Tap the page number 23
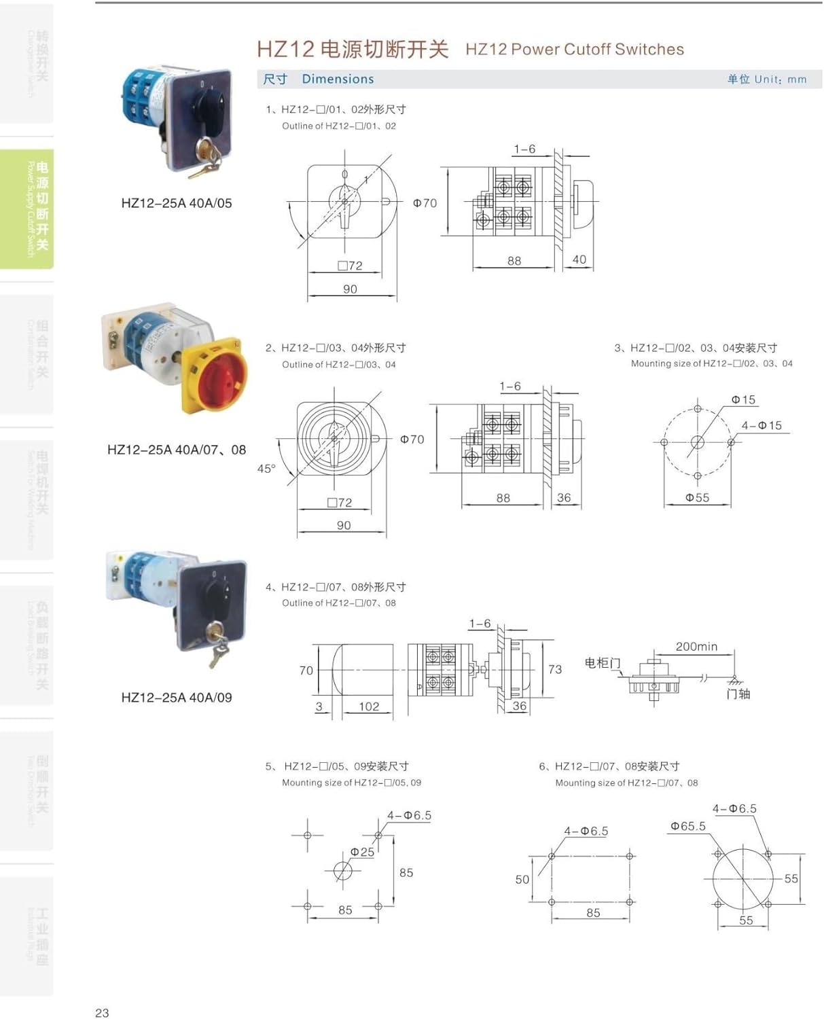point(102,1013)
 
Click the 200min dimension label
point(696,647)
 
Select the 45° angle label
point(266,469)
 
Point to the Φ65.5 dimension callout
point(687,826)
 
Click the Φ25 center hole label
point(362,852)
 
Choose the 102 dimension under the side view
point(369,707)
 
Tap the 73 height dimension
point(555,669)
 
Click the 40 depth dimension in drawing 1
point(579,260)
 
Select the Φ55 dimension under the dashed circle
point(697,498)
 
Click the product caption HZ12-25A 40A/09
point(176,698)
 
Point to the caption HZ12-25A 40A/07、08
point(176,450)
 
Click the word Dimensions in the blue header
point(338,79)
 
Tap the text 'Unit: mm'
point(780,79)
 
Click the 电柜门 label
point(602,662)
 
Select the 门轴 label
point(738,694)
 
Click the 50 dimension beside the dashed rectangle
point(522,880)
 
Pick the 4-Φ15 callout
point(762,425)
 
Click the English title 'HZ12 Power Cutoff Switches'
point(575,50)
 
